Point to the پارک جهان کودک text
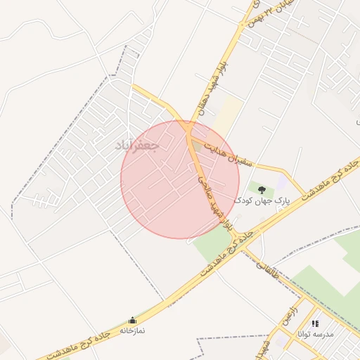pyautogui.click(x=262, y=201)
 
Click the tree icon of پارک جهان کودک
pyautogui.click(x=262, y=190)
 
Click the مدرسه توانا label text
pyautogui.click(x=316, y=334)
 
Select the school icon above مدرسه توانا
pyautogui.click(x=315, y=323)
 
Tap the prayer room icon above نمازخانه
pyautogui.click(x=132, y=321)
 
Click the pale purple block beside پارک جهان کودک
pyautogui.click(x=282, y=182)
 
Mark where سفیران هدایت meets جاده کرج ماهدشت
pyautogui.click(x=304, y=195)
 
